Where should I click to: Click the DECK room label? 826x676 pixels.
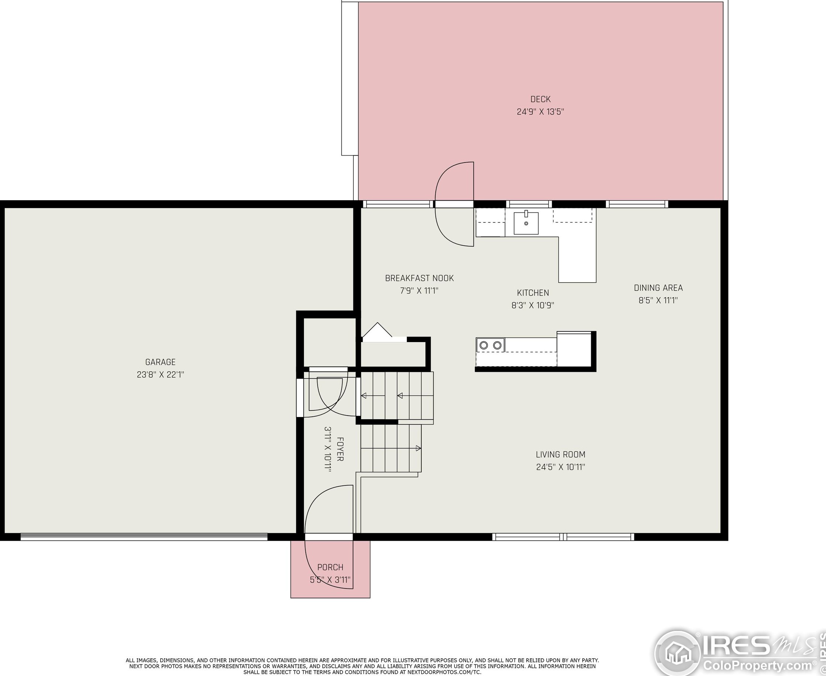(540, 99)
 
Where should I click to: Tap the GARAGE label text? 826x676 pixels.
(160, 362)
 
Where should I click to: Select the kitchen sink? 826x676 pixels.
(526, 223)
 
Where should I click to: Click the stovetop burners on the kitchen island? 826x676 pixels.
(490, 345)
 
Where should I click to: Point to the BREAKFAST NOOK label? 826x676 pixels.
(419, 279)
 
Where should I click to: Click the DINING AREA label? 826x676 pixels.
(658, 288)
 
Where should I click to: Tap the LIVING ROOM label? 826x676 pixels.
(561, 454)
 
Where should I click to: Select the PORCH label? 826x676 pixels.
(330, 567)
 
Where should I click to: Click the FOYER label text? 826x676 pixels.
(340, 449)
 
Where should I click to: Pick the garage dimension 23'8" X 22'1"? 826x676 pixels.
(160, 375)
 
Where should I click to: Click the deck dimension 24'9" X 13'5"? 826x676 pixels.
(540, 112)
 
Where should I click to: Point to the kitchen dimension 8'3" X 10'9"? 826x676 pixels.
(533, 305)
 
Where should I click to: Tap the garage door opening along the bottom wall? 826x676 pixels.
(144, 537)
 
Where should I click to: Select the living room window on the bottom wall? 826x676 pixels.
(563, 537)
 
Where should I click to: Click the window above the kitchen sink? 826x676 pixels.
(529, 204)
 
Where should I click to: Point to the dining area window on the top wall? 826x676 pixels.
(637, 204)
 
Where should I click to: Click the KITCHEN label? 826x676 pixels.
(533, 293)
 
